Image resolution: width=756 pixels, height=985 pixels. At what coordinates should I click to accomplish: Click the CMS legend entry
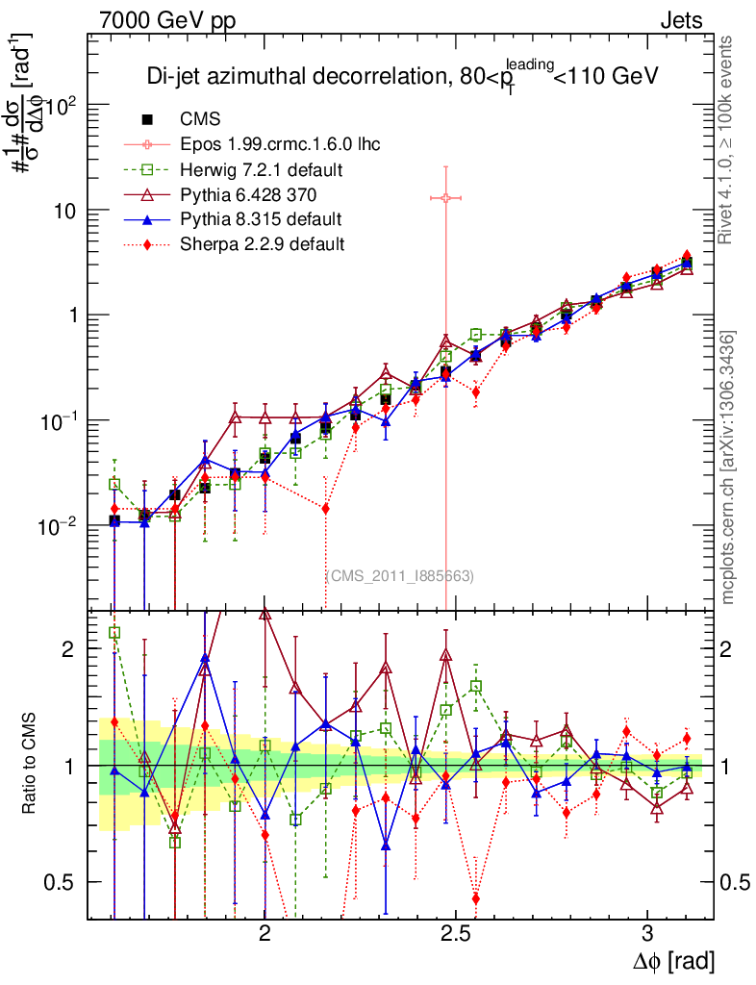(x=200, y=119)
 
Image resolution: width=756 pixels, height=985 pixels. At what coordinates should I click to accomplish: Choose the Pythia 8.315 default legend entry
(x=261, y=219)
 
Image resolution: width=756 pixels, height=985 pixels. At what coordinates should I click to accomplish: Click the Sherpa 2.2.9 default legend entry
(x=262, y=244)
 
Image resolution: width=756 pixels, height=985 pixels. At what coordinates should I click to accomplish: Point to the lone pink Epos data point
(x=445, y=197)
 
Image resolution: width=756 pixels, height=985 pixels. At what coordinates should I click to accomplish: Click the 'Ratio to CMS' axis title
(x=29, y=765)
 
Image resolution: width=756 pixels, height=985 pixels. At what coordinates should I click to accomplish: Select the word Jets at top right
(x=680, y=20)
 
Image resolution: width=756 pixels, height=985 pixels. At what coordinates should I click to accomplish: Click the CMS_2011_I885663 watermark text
(x=402, y=575)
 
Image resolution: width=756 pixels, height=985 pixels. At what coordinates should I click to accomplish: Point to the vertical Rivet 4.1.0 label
(x=728, y=139)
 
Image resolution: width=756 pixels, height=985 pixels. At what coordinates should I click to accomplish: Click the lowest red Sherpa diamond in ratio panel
(x=475, y=898)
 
